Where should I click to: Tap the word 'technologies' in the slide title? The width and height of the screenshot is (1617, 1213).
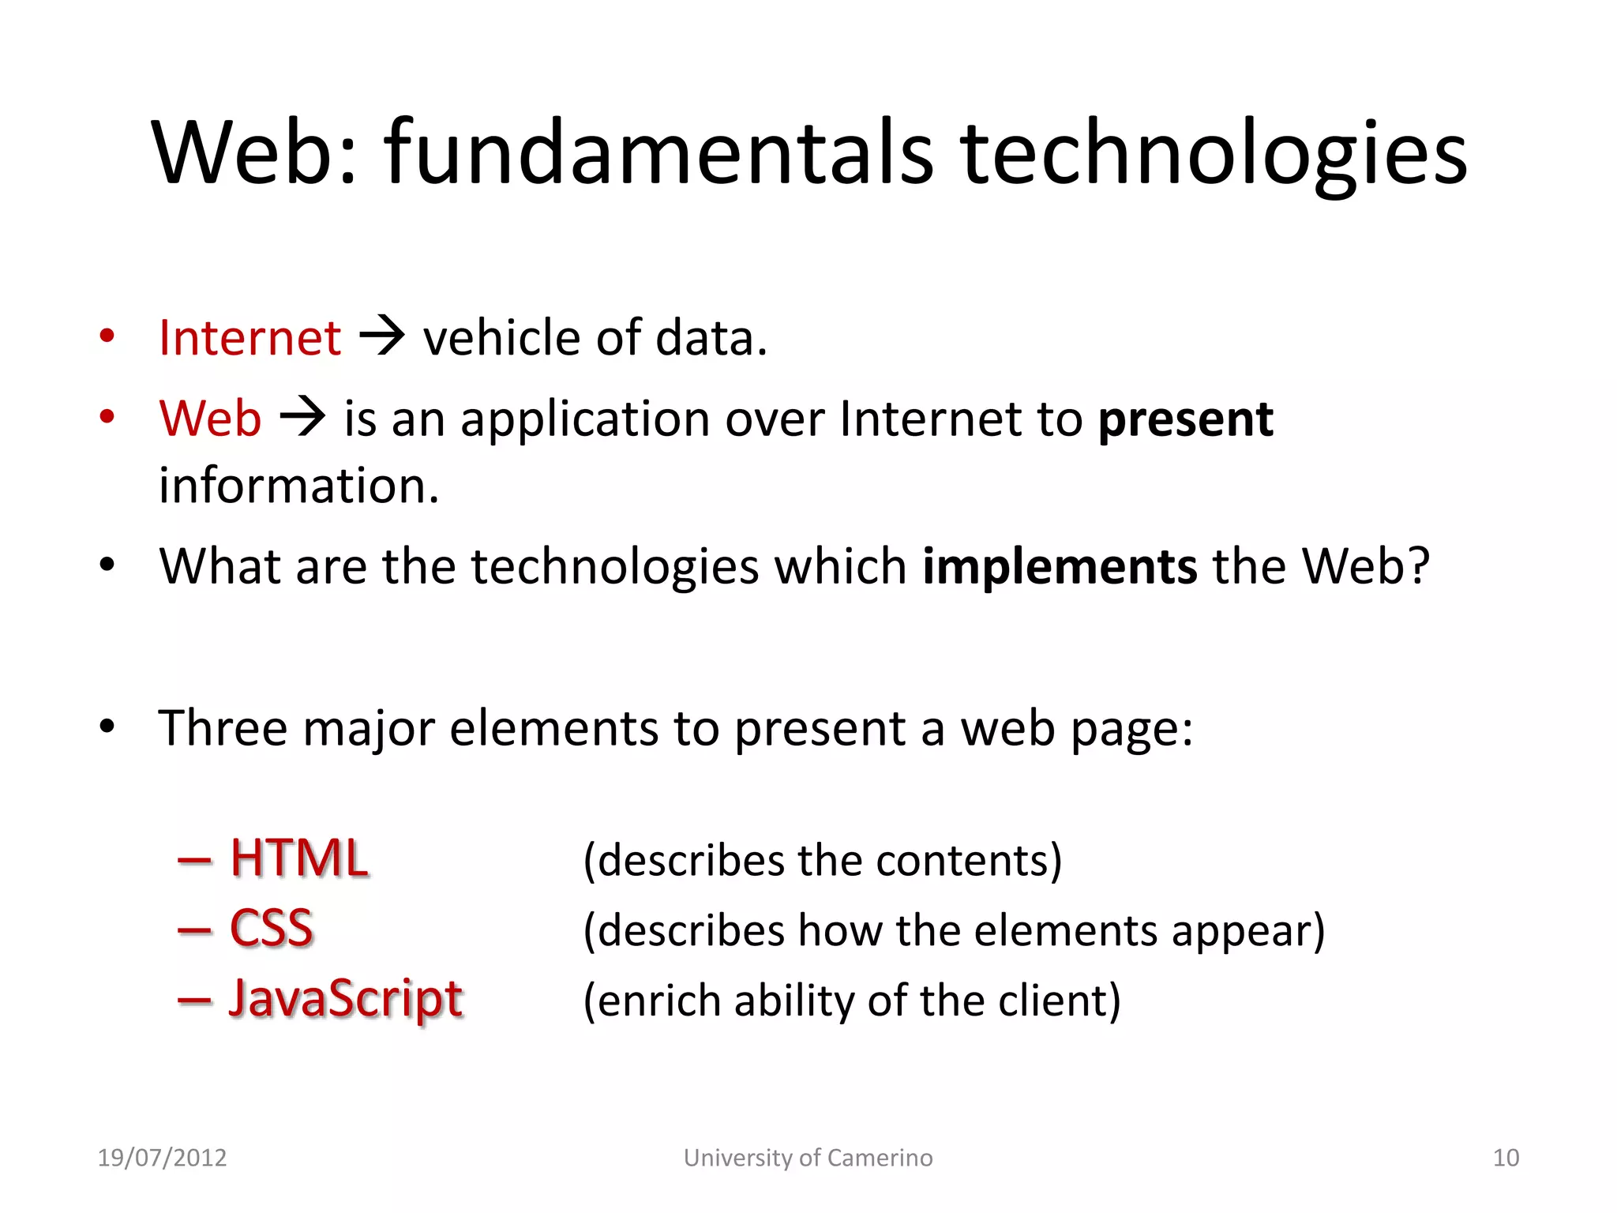tap(1213, 154)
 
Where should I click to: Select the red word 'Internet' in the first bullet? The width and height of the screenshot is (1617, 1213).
tap(249, 338)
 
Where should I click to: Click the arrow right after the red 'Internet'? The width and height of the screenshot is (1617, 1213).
tap(382, 336)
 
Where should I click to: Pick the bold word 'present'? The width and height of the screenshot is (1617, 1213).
tap(1185, 419)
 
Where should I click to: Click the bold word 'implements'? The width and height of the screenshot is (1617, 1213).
tap(1060, 566)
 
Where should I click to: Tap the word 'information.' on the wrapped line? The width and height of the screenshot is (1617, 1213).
tap(298, 485)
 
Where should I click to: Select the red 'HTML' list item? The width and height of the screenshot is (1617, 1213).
tap(298, 858)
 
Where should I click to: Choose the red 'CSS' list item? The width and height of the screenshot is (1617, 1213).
tap(271, 928)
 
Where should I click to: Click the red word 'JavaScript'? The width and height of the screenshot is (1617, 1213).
tap(345, 999)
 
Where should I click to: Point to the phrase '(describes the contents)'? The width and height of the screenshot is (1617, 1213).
tap(822, 860)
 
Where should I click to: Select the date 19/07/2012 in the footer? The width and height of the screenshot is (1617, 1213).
tap(162, 1158)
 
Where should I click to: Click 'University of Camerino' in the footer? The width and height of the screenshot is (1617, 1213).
tap(808, 1158)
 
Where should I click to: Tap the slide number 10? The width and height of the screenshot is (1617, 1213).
tap(1506, 1158)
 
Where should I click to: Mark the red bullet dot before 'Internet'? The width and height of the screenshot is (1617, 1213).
tap(107, 336)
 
